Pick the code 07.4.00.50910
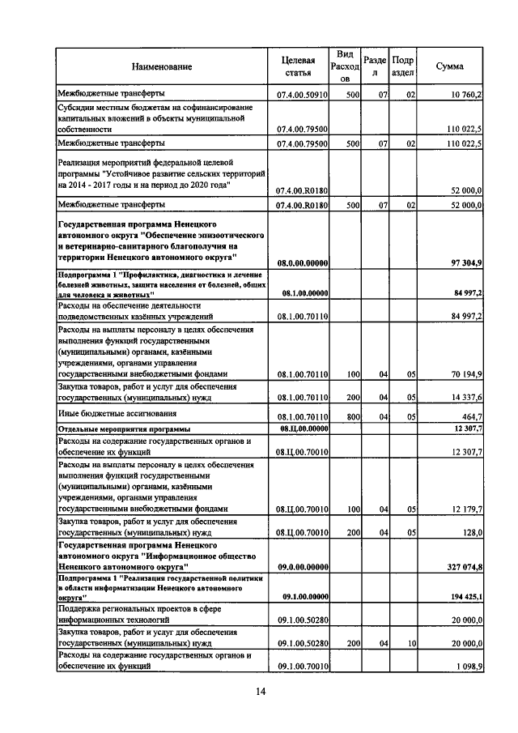pos(301,96)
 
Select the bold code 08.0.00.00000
pos(301,262)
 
